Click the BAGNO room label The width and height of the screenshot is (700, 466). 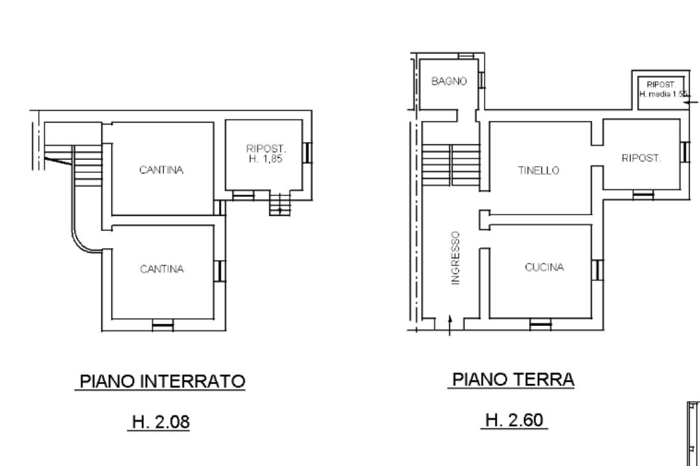click(x=449, y=81)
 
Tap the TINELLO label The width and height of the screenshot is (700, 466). click(x=539, y=171)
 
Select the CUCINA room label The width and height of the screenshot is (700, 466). click(x=544, y=267)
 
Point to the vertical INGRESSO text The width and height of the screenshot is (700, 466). click(x=455, y=258)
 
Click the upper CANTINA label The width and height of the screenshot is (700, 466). click(x=161, y=170)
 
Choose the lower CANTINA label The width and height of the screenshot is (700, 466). click(x=161, y=269)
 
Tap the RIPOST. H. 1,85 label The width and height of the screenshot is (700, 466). click(x=266, y=154)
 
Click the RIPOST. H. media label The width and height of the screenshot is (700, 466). click(x=662, y=90)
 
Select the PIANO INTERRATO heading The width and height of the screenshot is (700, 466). click(x=162, y=381)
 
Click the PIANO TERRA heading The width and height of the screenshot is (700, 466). click(x=513, y=379)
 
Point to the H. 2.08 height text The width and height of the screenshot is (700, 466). click(x=161, y=422)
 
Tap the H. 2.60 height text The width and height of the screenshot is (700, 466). click(x=514, y=420)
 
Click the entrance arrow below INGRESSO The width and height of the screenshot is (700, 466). click(x=450, y=325)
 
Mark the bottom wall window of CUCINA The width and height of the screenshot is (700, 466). click(x=541, y=325)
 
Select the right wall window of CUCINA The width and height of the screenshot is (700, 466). click(x=597, y=270)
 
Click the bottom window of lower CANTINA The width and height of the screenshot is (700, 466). click(x=163, y=325)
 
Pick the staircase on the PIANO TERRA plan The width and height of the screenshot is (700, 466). click(x=451, y=165)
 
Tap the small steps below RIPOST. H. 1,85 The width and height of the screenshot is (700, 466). click(x=280, y=204)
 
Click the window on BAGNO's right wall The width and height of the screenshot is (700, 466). click(x=481, y=80)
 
